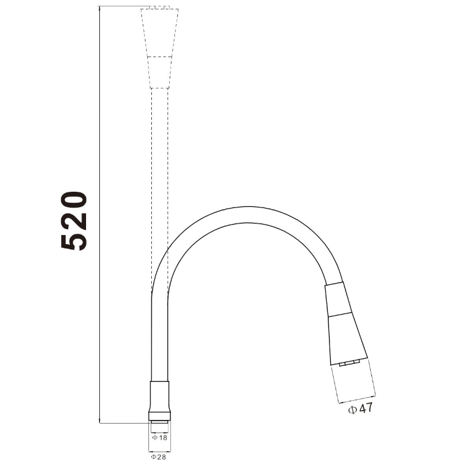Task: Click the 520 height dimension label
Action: (x=74, y=221)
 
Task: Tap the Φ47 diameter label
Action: (x=360, y=409)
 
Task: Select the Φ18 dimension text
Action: (x=159, y=438)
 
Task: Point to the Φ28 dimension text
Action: (x=158, y=457)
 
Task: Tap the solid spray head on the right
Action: (x=345, y=324)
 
